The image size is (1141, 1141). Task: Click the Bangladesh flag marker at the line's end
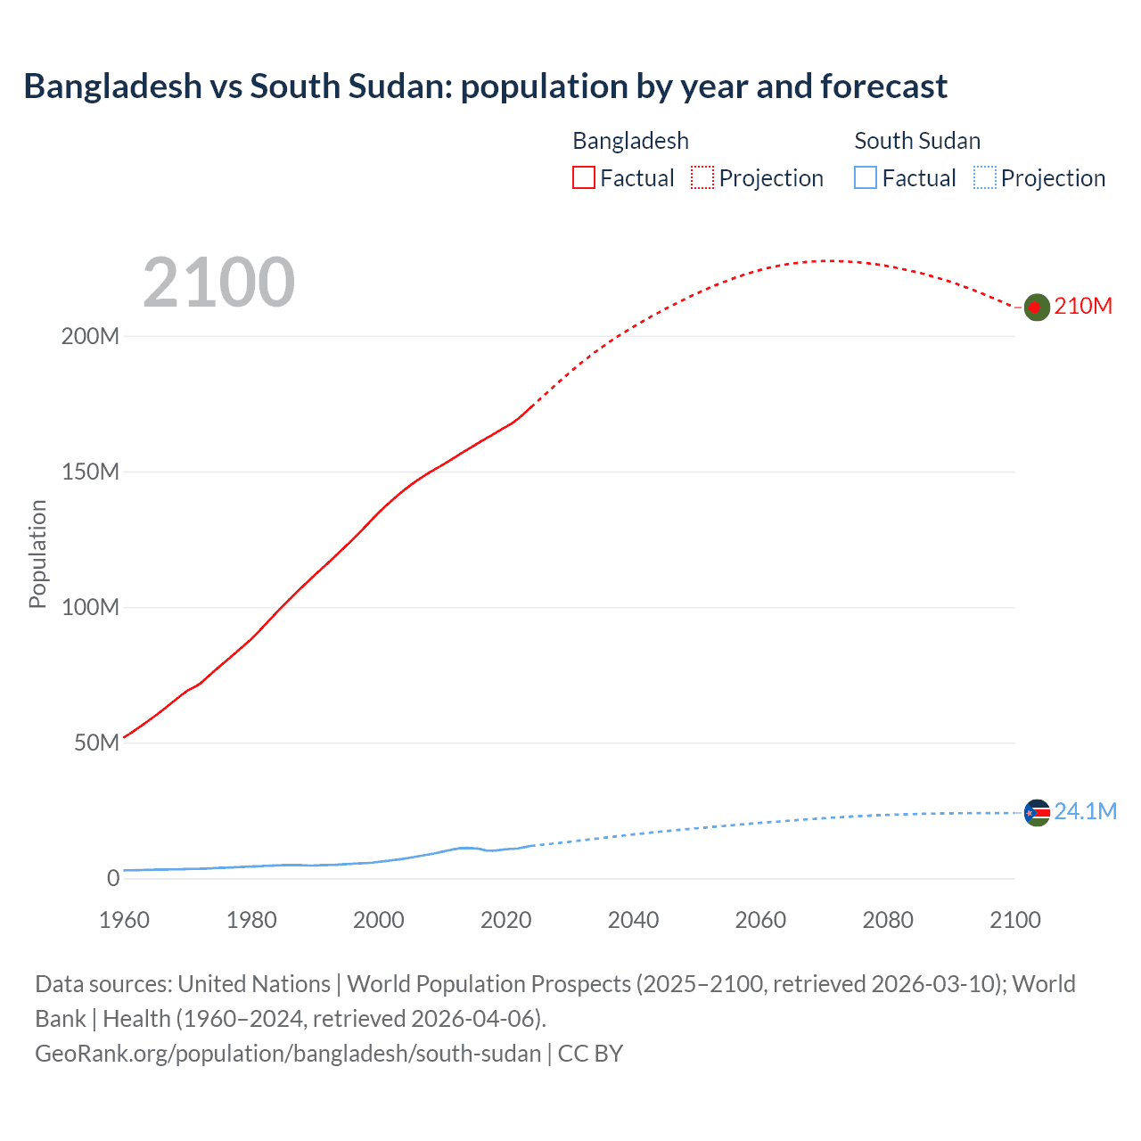click(1035, 307)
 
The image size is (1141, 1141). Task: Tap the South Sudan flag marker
click(1036, 812)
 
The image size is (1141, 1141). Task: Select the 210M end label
click(1083, 306)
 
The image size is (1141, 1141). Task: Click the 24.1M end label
click(1085, 811)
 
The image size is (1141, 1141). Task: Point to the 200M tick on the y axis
click(90, 337)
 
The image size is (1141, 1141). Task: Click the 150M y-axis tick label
click(90, 472)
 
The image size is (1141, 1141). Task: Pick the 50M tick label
click(96, 743)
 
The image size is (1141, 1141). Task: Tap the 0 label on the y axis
click(112, 879)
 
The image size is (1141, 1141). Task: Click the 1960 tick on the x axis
click(124, 920)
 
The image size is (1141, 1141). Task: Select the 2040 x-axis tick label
click(633, 920)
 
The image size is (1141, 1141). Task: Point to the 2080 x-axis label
click(888, 920)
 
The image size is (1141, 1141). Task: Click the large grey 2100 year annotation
click(218, 283)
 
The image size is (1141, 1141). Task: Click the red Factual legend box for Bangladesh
click(583, 177)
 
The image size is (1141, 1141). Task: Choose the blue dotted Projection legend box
click(984, 177)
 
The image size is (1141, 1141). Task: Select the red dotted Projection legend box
click(702, 177)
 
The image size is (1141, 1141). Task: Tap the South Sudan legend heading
click(917, 141)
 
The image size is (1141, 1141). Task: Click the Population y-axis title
click(37, 554)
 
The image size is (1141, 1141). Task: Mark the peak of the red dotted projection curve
click(827, 260)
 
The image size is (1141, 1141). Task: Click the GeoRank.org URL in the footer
click(288, 1054)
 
